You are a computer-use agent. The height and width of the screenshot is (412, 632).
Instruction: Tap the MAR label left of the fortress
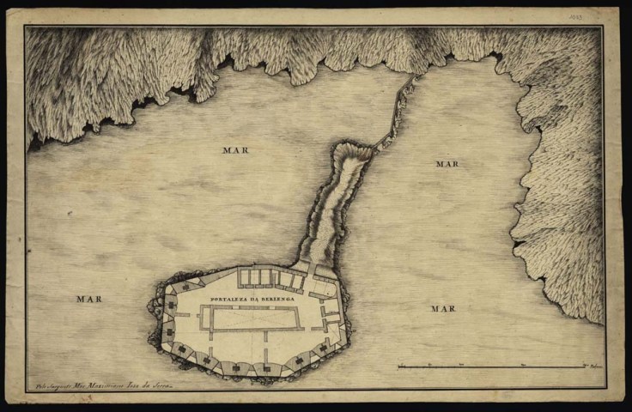point(88,299)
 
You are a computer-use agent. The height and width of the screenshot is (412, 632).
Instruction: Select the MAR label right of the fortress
point(442,307)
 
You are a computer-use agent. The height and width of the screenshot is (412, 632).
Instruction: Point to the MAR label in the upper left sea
point(235,150)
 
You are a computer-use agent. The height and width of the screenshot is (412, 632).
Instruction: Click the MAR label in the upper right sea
point(447,163)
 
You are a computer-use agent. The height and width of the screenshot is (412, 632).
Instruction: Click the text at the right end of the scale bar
point(593,367)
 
